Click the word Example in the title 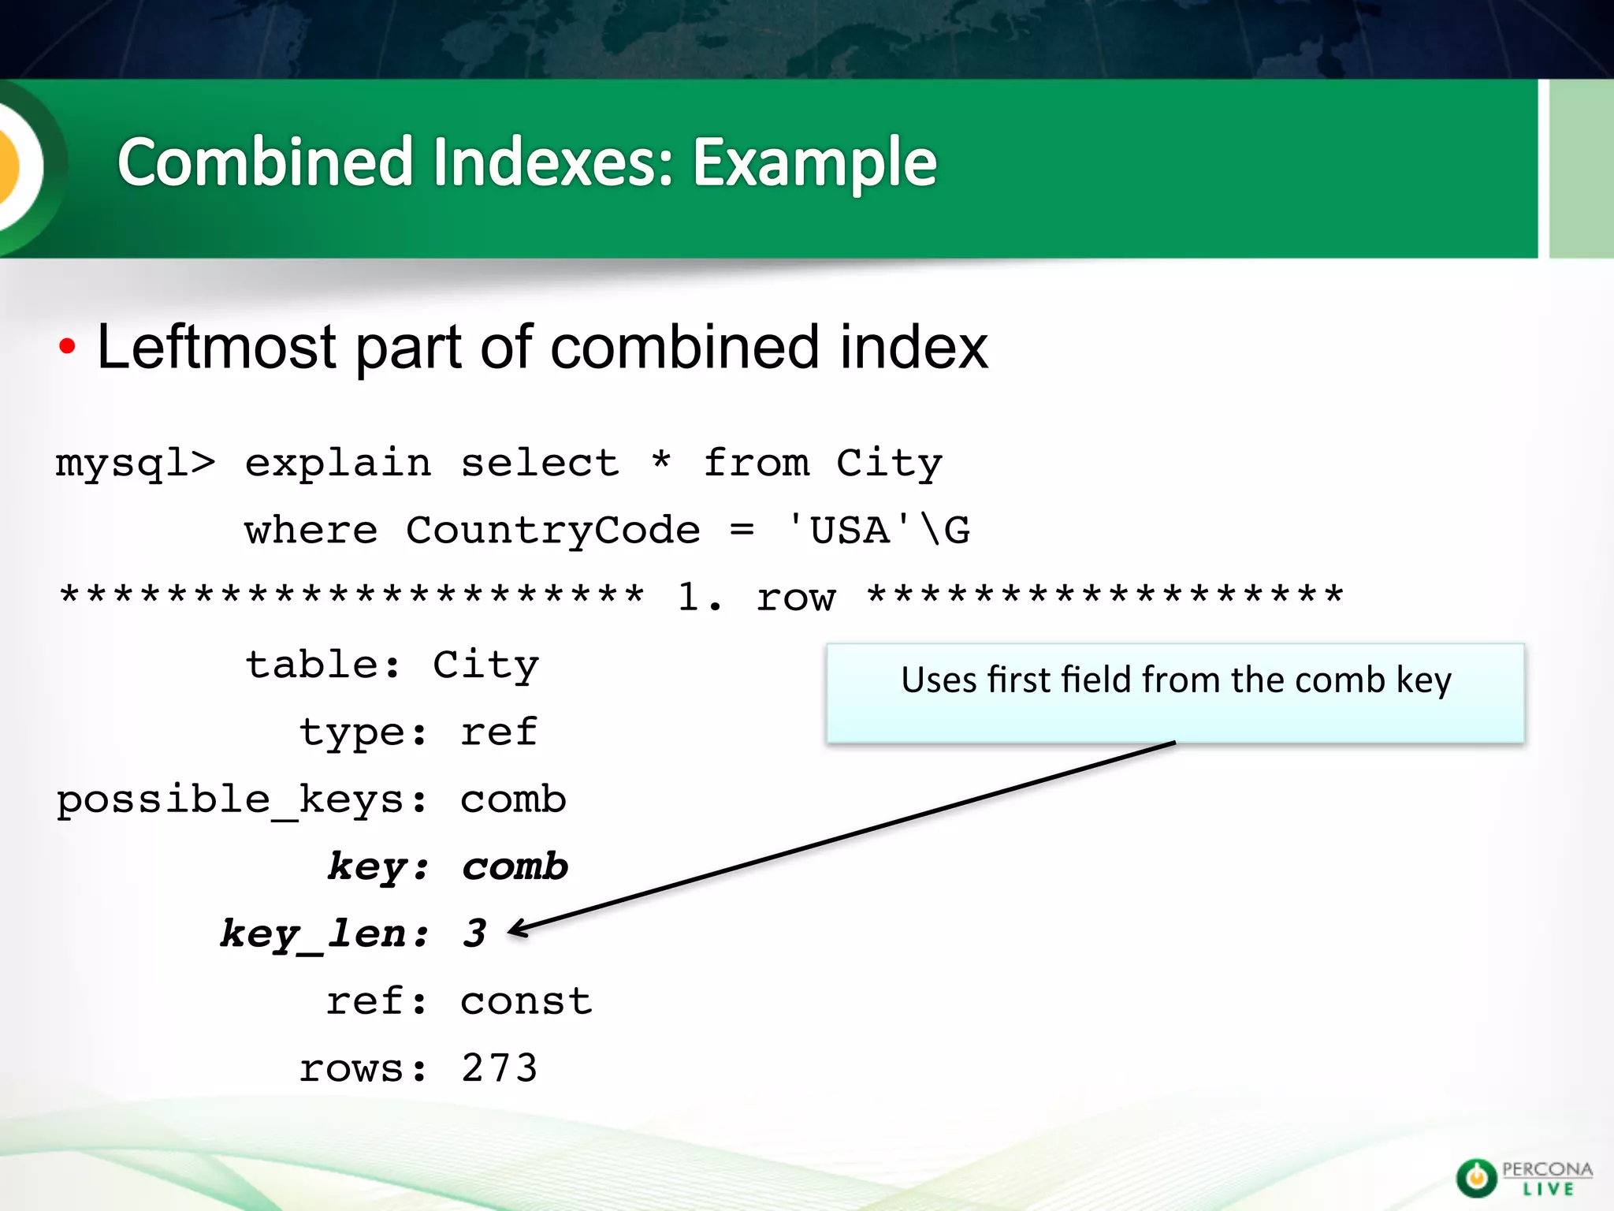pos(815,163)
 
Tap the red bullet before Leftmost pos(67,346)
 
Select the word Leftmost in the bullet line pos(216,347)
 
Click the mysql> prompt pos(135,463)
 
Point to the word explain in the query pos(338,463)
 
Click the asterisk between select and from pos(661,460)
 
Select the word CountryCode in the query pos(552,530)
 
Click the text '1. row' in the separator pos(756,597)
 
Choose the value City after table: pos(485,665)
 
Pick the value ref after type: pos(499,732)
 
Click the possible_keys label pos(241,800)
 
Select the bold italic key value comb pos(515,867)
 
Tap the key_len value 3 pos(474,934)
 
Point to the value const pos(526,1002)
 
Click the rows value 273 pos(499,1069)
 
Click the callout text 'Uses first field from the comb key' pos(1175,680)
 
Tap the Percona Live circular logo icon pos(1475,1178)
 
